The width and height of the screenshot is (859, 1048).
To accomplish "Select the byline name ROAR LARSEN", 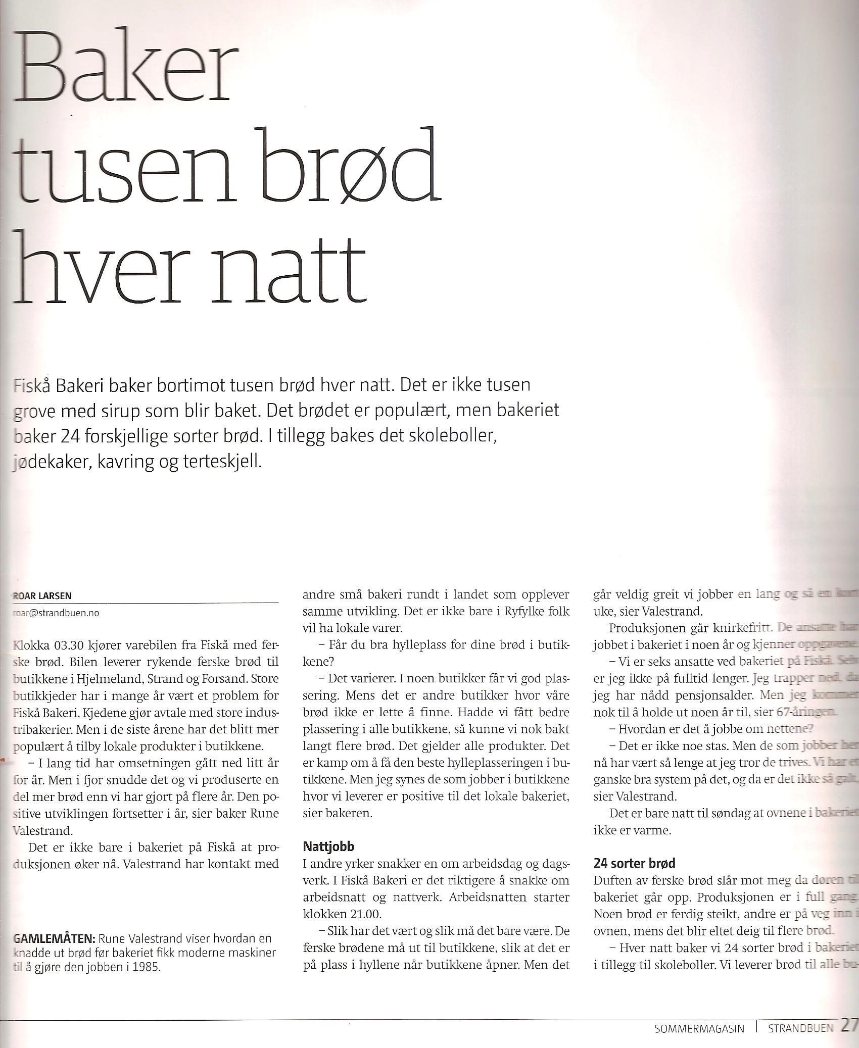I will click(x=41, y=595).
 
